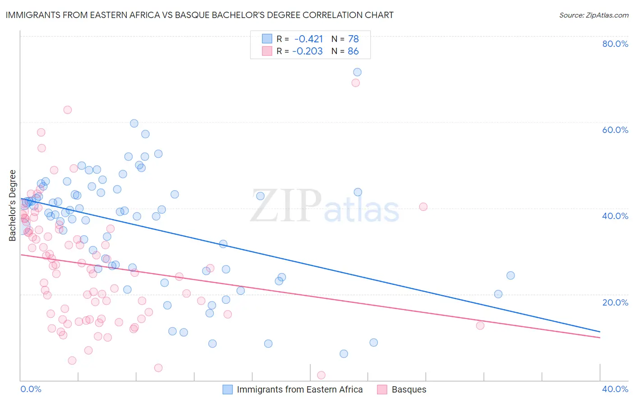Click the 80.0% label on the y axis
[x=615, y=44]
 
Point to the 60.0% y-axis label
[x=615, y=130]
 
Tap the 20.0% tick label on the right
[x=615, y=302]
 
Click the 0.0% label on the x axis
[x=31, y=389]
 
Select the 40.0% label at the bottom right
[x=615, y=389]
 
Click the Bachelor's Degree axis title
[x=13, y=206]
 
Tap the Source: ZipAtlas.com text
[x=593, y=15]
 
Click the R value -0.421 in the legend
[x=308, y=39]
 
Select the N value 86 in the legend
[x=353, y=51]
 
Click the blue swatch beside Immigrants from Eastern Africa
[x=228, y=389]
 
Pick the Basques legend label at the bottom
[x=409, y=389]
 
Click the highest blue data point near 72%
[x=357, y=72]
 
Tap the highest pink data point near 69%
[x=355, y=83]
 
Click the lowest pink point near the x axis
[x=321, y=375]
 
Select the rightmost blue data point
[x=510, y=275]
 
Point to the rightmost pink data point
[x=480, y=325]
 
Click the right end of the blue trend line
[x=600, y=332]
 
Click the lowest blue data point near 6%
[x=344, y=354]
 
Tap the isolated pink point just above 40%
[x=423, y=207]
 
